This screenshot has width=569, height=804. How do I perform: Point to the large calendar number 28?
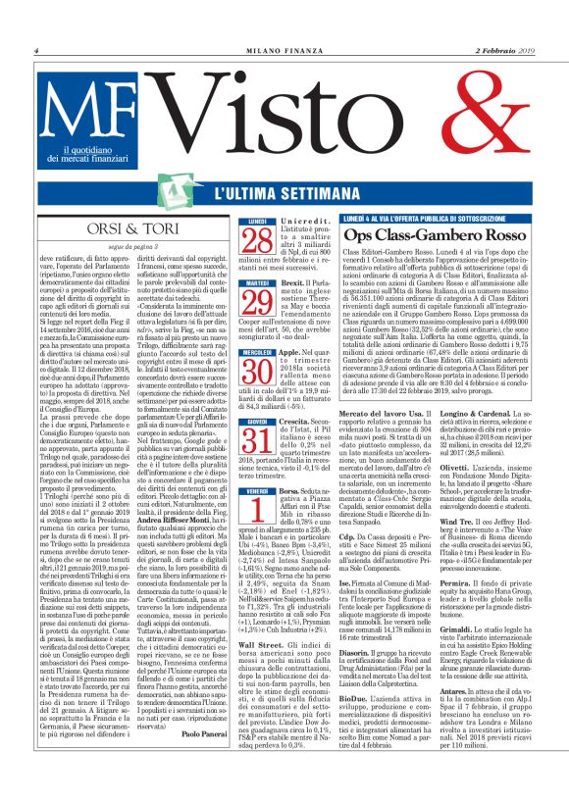pyautogui.click(x=256, y=240)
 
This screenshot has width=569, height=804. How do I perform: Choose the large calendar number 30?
pyautogui.click(x=256, y=367)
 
